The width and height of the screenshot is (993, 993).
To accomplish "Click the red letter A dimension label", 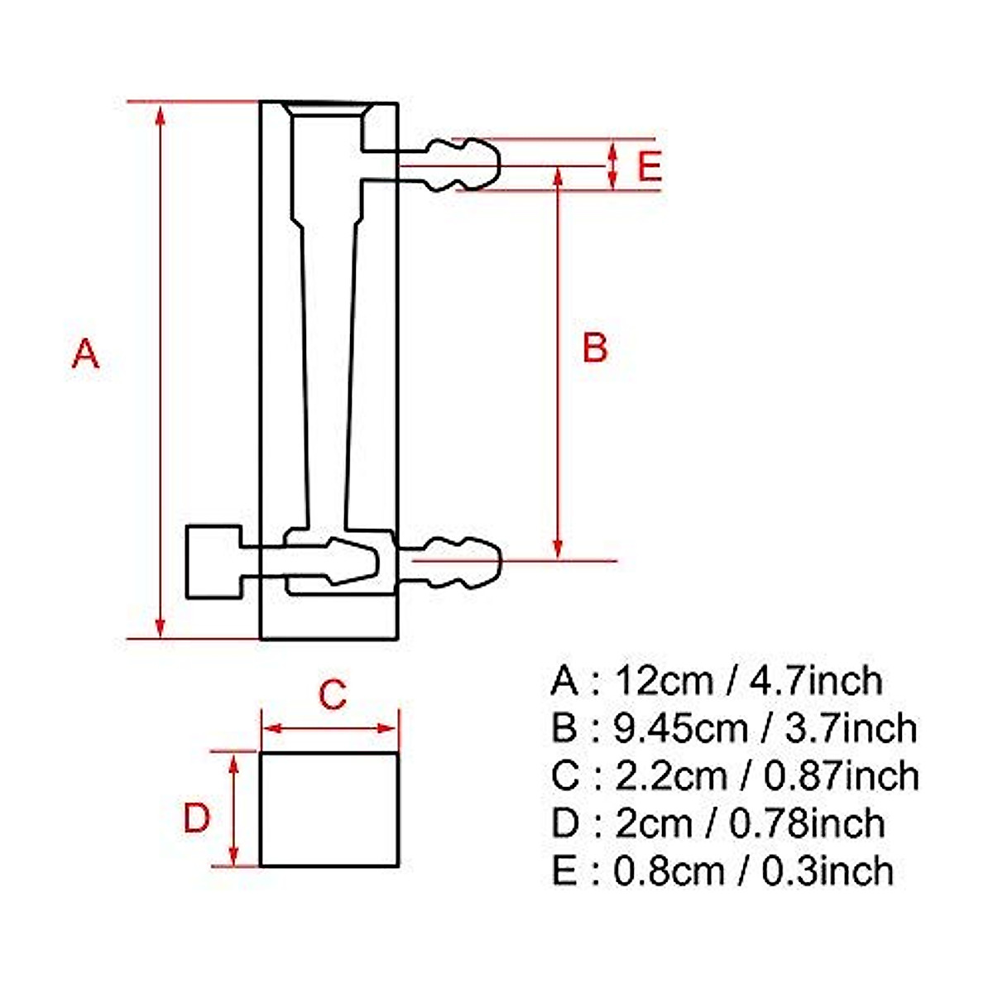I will [x=85, y=353].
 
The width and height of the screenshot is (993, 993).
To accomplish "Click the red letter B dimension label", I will [x=594, y=348].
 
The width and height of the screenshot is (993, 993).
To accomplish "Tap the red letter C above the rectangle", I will [x=332, y=694].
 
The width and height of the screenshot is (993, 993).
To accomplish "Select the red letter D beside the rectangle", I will [x=197, y=818].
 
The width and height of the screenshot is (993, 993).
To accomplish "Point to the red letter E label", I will [x=650, y=166].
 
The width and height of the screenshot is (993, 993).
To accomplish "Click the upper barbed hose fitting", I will [x=463, y=164].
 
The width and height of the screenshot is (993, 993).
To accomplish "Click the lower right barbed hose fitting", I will [x=463, y=563].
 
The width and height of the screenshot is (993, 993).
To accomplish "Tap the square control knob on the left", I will [x=213, y=561].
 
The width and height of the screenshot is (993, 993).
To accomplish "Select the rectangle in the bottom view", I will [x=329, y=809].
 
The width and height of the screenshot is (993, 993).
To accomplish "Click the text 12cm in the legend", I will [x=663, y=681].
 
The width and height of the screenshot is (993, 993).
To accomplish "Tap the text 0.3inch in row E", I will [x=827, y=871].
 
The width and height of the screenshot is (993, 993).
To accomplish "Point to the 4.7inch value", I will [x=816, y=681].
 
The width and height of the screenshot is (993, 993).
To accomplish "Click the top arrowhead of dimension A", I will [x=161, y=113].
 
